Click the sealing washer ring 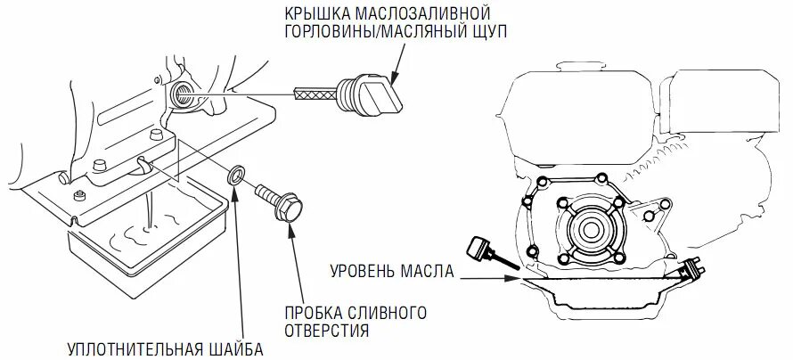click(236, 175)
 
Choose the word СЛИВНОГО click(388, 314)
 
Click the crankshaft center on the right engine click(589, 229)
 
